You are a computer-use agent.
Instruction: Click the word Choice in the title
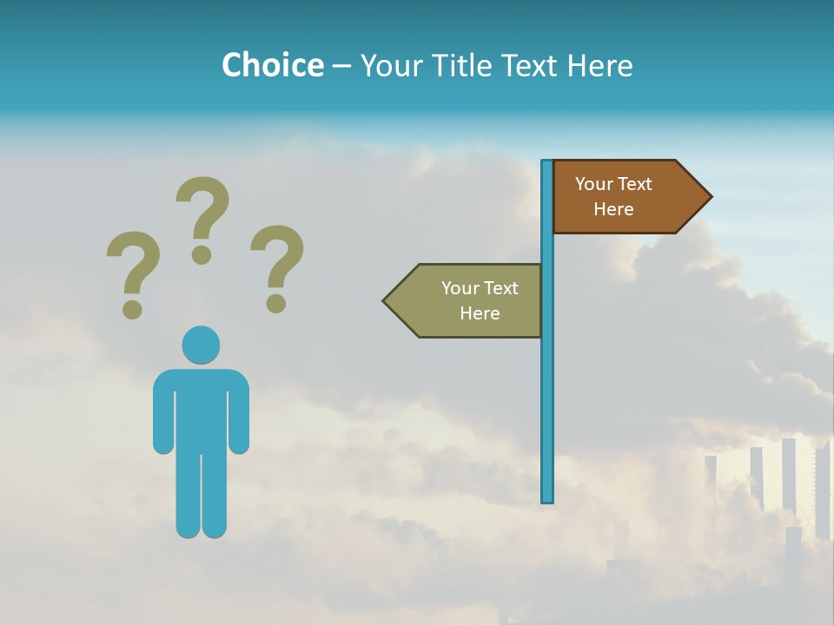(x=272, y=65)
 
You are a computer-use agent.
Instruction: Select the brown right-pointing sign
(x=625, y=197)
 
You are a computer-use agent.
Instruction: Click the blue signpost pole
(x=547, y=391)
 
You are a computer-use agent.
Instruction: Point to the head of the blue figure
(x=201, y=345)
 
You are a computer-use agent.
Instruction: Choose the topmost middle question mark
(x=202, y=217)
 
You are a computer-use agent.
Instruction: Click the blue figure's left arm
(x=162, y=417)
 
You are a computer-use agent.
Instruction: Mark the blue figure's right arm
(x=240, y=417)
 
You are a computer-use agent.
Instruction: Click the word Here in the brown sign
(x=613, y=209)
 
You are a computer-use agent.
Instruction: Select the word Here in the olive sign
(x=480, y=313)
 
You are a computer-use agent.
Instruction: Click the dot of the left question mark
(x=132, y=309)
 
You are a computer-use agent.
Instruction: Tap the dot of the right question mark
(x=275, y=303)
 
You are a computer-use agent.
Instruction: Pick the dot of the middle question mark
(x=202, y=254)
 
